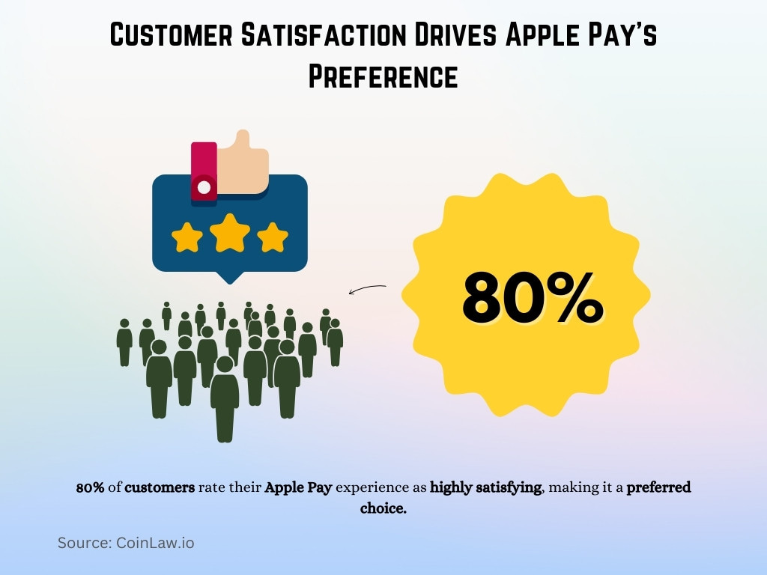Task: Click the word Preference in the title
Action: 383,76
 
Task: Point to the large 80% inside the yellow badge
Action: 532,298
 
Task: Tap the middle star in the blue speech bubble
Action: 230,234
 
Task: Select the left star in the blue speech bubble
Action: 187,237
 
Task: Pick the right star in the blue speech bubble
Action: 273,237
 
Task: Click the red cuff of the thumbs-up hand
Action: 203,172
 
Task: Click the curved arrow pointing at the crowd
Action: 367,289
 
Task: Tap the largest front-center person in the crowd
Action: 225,397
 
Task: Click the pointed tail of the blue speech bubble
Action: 229,277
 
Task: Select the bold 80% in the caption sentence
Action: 90,487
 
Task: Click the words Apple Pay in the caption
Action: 298,487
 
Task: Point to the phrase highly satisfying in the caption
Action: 485,487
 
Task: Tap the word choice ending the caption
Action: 383,508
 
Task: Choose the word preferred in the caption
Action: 658,487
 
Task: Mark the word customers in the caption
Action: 160,487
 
